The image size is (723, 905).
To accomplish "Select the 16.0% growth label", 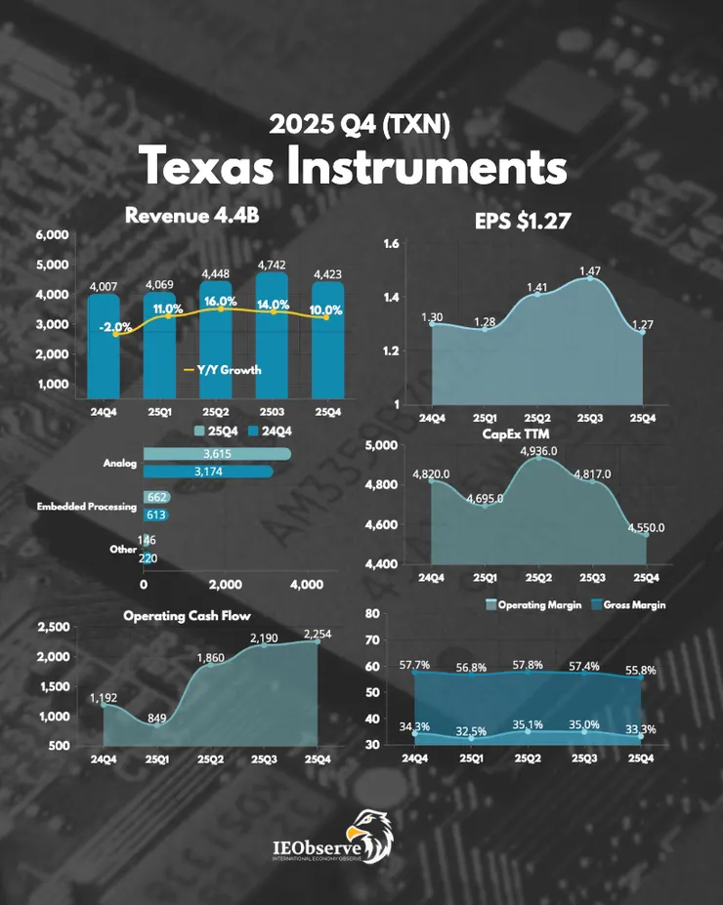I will point(220,302).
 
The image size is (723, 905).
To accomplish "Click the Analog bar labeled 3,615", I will point(217,454).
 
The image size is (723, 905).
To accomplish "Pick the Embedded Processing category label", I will point(87,507).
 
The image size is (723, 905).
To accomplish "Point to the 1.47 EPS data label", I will point(589,269).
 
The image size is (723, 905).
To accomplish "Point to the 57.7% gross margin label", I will point(414,664).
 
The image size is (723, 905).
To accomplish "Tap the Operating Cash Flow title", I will point(187,616).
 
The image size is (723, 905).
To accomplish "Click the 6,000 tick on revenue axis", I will point(51,235).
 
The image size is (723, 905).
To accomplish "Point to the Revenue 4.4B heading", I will point(191,216).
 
